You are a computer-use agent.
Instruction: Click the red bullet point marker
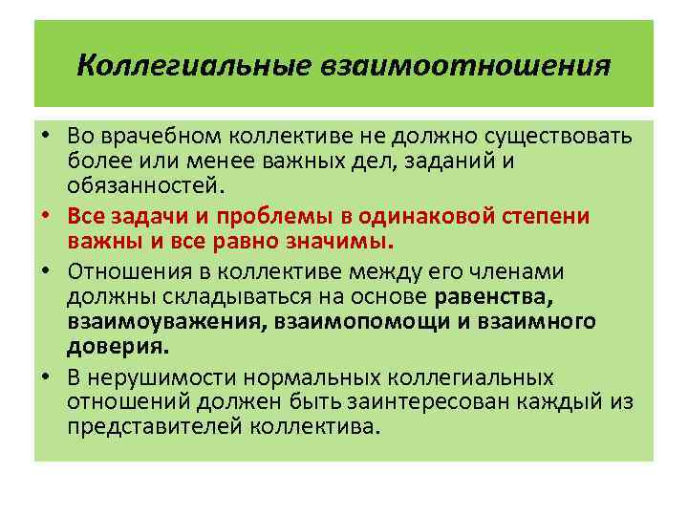46,216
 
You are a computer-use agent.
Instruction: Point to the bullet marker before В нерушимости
46,376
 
